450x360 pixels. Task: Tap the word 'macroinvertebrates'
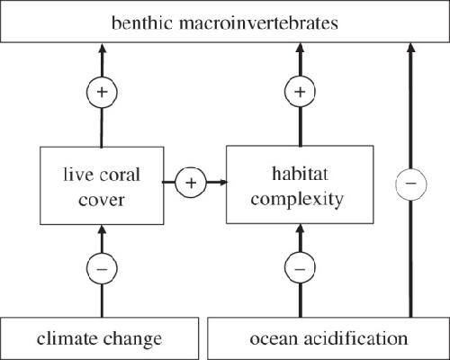tap(258, 22)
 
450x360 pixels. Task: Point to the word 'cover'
tap(102, 200)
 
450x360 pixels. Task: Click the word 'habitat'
tap(300, 174)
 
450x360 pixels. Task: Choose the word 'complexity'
tap(297, 200)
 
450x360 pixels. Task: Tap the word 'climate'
tap(67, 338)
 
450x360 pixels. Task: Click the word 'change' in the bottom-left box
tap(132, 340)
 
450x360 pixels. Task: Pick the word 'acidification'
tap(355, 338)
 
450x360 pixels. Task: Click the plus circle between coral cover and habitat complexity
tap(191, 183)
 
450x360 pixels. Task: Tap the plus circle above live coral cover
tap(102, 92)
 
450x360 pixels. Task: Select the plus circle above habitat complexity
tap(300, 92)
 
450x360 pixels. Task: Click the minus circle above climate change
tap(102, 268)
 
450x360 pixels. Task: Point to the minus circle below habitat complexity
tap(300, 267)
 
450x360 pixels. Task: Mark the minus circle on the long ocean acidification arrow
tap(411, 183)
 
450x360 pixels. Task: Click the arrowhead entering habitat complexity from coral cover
tap(223, 182)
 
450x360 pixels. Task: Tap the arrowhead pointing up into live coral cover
tap(102, 229)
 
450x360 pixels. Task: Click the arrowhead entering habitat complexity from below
tap(301, 229)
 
